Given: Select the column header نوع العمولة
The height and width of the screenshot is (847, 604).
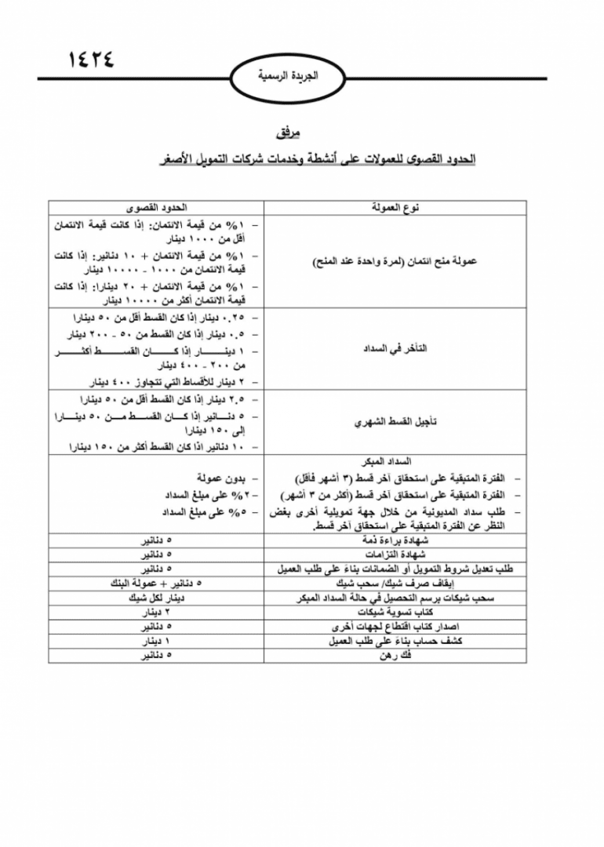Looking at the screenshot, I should coord(395,208).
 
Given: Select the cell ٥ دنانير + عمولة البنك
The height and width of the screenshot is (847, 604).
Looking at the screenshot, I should coord(156,583).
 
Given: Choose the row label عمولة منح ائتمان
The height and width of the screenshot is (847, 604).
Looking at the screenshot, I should coord(395,260).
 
